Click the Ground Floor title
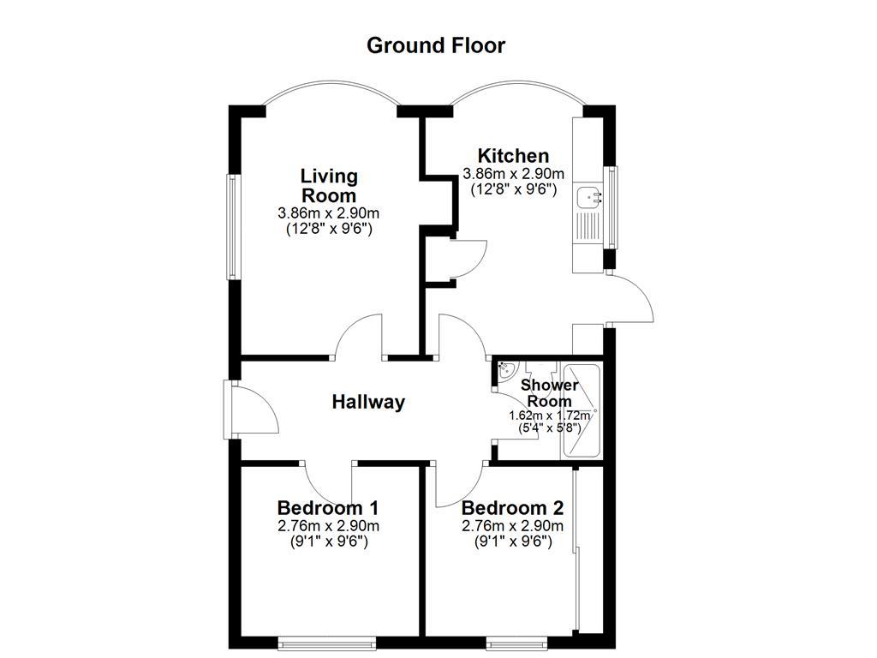pos(436,45)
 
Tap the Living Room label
pos(328,186)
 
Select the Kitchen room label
pos(513,156)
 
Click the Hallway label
pos(368,402)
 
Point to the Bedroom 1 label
pos(328,507)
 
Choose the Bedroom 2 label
pos(512,507)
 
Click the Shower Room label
pos(549,393)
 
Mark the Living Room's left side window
pos(231,227)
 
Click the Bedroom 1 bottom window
pos(327,641)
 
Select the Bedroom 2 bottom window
pos(518,641)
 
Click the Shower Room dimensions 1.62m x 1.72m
pos(549,416)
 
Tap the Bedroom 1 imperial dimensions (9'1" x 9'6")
pos(328,541)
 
